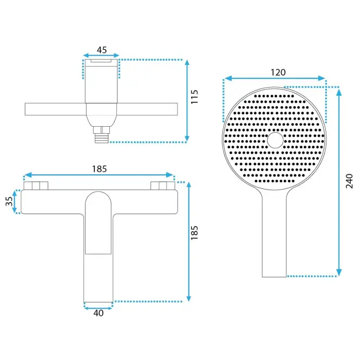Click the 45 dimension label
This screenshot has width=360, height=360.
(102, 50)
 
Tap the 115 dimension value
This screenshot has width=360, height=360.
(194, 97)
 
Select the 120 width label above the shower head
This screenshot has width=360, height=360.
(278, 73)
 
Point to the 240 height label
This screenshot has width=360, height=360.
(349, 181)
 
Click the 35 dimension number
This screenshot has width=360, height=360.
(9, 201)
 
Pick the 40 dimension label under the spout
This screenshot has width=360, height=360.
(99, 313)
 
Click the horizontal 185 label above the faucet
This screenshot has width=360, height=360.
(100, 169)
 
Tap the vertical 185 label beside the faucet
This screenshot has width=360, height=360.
(194, 233)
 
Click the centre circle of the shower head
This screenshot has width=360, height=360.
(276, 140)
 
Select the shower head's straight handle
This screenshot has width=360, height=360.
(274, 234)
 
